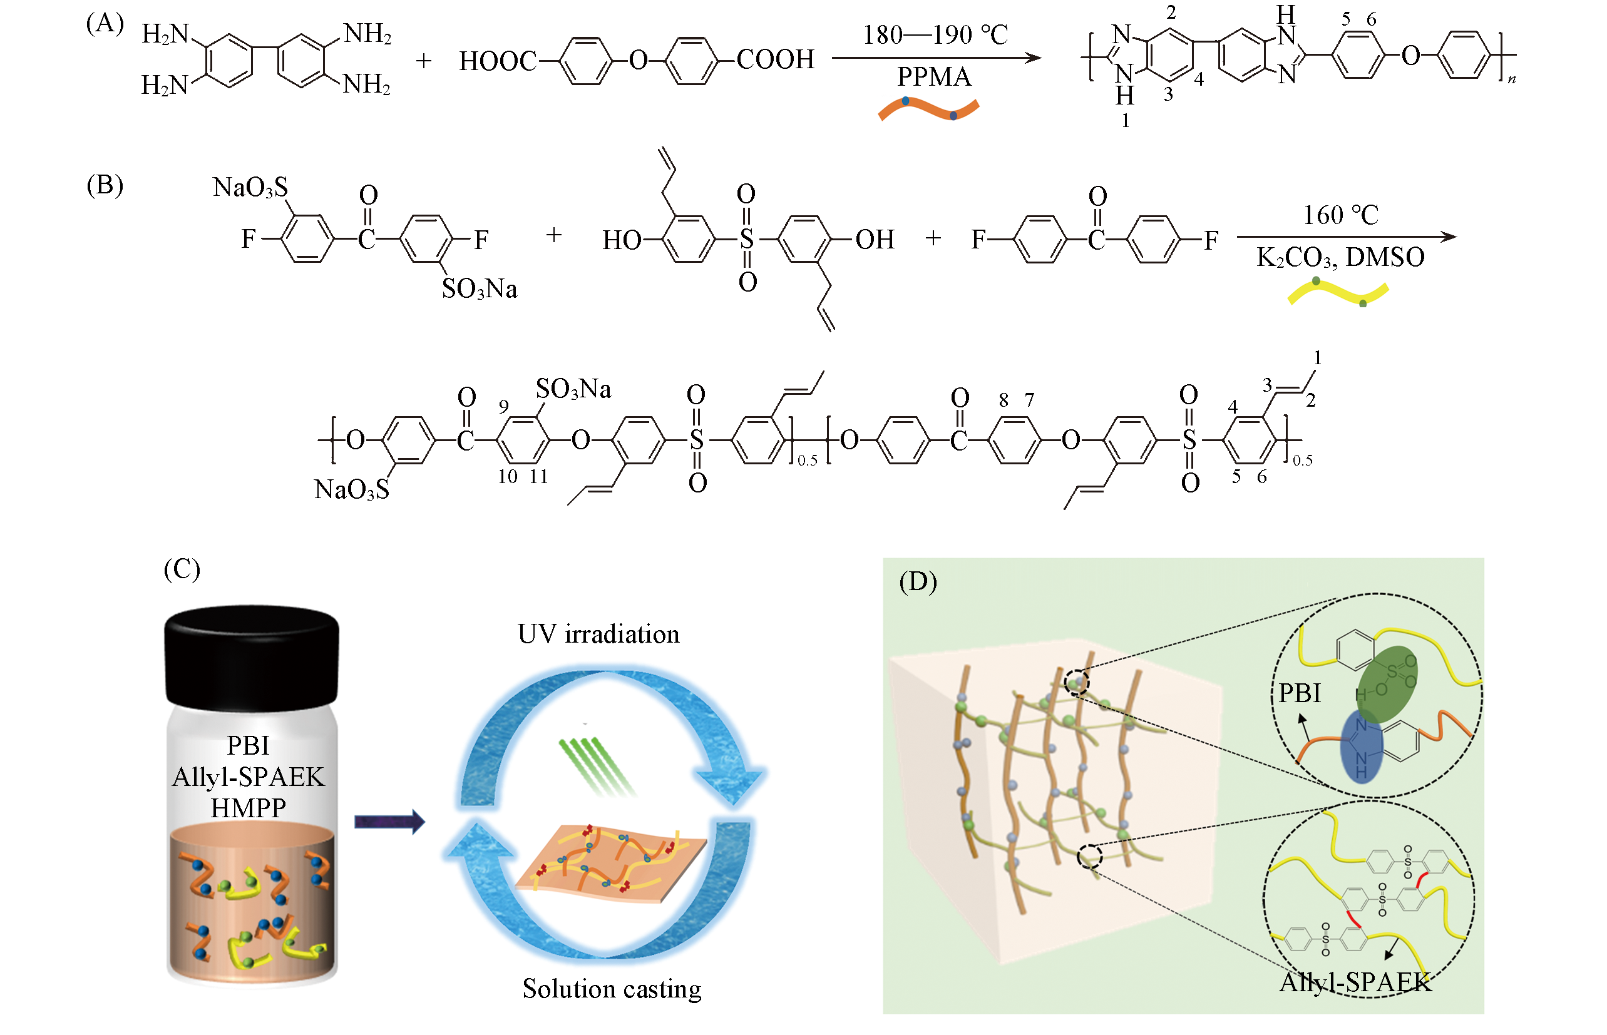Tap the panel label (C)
click(182, 569)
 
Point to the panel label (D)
click(918, 582)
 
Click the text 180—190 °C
click(935, 35)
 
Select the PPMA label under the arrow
click(934, 76)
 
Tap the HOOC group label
click(498, 61)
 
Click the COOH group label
click(775, 60)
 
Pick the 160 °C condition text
click(1341, 215)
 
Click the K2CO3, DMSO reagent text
click(1340, 257)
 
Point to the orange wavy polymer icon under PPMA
click(928, 110)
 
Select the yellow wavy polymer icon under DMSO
click(1337, 293)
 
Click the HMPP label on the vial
click(248, 808)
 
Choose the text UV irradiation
click(598, 635)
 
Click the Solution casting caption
click(612, 989)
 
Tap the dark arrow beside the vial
click(389, 821)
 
